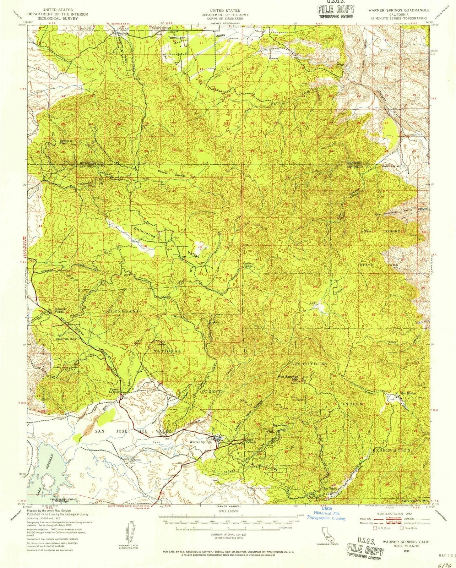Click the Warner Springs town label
[201, 442]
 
